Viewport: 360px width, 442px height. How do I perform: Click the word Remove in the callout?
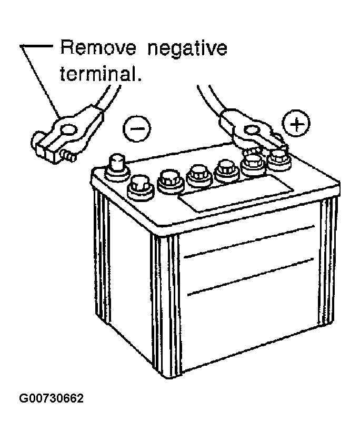98,48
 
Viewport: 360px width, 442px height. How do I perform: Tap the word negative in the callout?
187,50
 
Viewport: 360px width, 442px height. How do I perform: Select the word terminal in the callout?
98,73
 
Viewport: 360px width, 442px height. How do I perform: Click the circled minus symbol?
137,128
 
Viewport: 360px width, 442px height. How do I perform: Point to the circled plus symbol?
296,124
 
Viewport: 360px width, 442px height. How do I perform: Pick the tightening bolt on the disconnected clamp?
68,155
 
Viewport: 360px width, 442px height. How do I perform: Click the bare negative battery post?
117,167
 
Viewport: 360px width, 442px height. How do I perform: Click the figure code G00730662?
51,398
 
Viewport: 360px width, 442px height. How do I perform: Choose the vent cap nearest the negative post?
141,187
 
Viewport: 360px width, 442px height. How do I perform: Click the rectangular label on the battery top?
235,193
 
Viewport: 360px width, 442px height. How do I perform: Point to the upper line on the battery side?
249,242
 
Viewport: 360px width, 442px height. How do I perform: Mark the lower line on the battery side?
251,277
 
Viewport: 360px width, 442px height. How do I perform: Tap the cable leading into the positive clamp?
211,100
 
